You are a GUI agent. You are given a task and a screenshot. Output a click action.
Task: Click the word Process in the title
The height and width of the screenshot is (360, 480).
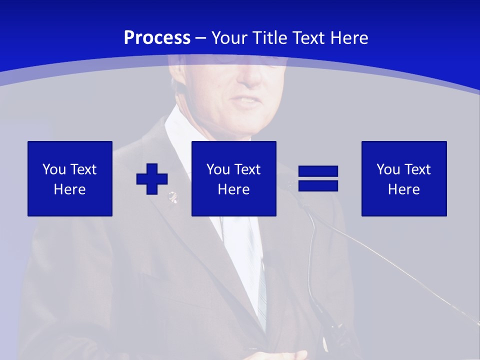pyautogui.click(x=157, y=38)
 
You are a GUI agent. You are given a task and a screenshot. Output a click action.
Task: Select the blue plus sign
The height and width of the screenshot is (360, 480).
pyautogui.click(x=152, y=178)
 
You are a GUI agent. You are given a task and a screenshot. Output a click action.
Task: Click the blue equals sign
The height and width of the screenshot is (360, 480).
pyautogui.click(x=318, y=178)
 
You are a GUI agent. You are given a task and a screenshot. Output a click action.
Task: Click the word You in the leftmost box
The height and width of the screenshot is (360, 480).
pyautogui.click(x=54, y=169)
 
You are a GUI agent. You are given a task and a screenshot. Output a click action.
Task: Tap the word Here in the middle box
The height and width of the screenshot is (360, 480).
pyautogui.click(x=234, y=189)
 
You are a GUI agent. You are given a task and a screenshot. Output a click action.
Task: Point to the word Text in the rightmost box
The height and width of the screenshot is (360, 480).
pyautogui.click(x=416, y=169)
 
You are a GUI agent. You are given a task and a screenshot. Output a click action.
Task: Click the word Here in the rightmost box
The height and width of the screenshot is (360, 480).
pyautogui.click(x=404, y=189)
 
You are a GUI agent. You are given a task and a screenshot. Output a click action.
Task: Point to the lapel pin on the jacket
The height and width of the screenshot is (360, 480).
pyautogui.click(x=172, y=196)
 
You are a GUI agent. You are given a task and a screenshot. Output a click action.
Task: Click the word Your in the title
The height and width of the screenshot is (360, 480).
pyautogui.click(x=231, y=38)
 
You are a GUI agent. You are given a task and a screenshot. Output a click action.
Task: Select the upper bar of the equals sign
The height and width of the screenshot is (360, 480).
pyautogui.click(x=318, y=171)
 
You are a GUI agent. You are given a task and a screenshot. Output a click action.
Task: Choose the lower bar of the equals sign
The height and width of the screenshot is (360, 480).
pyautogui.click(x=318, y=185)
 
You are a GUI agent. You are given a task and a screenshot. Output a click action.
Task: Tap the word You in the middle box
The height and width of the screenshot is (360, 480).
pyautogui.click(x=218, y=169)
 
